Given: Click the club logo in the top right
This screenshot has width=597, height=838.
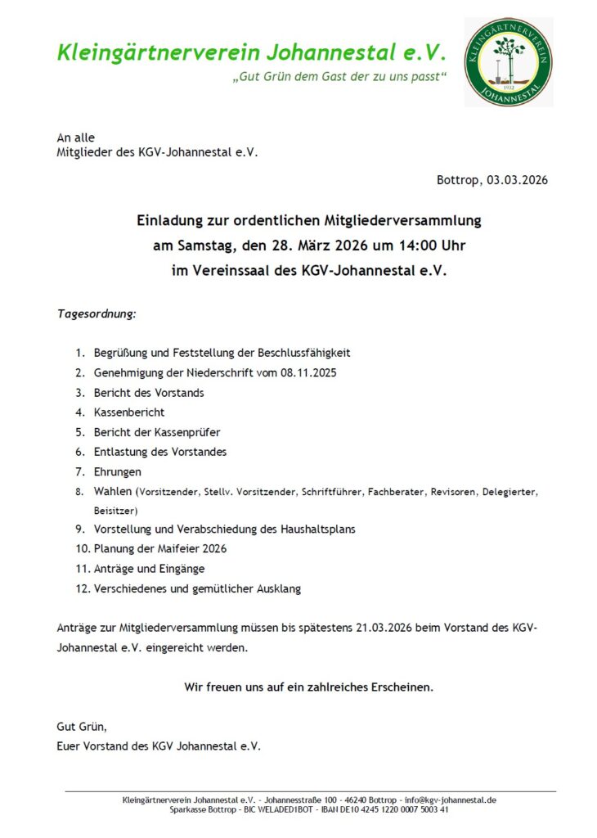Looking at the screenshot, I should tap(508, 62).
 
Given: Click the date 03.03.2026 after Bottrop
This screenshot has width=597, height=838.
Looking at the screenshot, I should tap(517, 180).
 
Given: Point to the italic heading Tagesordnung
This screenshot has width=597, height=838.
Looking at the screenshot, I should tap(97, 313).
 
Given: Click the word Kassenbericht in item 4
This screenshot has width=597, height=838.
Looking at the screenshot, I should tap(129, 412).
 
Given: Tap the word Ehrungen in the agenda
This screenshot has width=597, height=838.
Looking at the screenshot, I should tap(117, 472).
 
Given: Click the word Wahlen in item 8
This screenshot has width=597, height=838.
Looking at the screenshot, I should tap(113, 492).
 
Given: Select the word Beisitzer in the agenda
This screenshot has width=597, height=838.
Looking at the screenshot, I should tap(115, 510).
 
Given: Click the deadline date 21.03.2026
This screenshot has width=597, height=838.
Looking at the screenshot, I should tap(384, 628).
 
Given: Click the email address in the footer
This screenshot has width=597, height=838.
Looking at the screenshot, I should tap(451, 800).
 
